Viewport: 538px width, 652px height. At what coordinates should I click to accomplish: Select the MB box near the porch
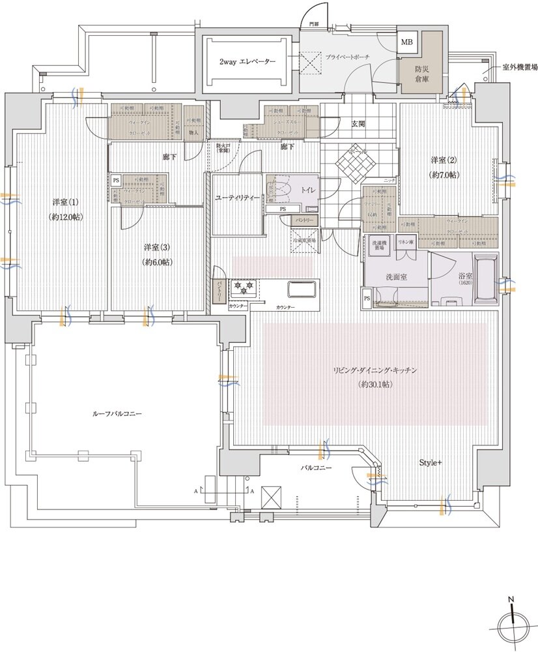click(x=407, y=42)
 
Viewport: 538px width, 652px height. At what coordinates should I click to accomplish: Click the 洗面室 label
click(x=396, y=277)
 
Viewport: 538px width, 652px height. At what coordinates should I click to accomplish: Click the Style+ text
click(x=430, y=463)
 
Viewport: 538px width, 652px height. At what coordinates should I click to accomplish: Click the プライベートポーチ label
click(x=347, y=57)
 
